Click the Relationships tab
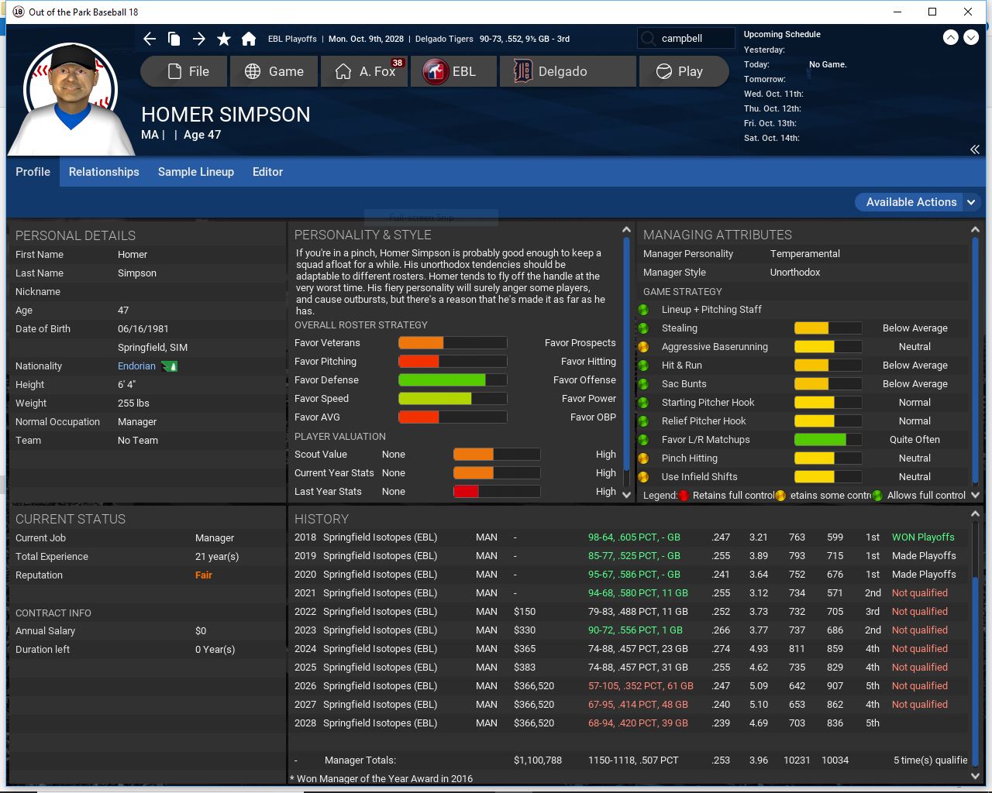coord(104,172)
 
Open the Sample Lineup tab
coord(196,172)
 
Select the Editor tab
coord(267,172)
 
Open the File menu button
coord(185,71)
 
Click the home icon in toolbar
coord(249,39)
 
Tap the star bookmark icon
coord(224,39)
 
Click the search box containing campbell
coord(686,39)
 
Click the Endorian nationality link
coord(136,366)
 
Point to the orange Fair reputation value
coord(204,575)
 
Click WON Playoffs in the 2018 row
coord(923,537)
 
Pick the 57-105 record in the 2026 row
coord(640,686)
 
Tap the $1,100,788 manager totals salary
coord(537,760)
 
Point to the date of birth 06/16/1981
coord(143,329)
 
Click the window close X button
coord(968,12)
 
